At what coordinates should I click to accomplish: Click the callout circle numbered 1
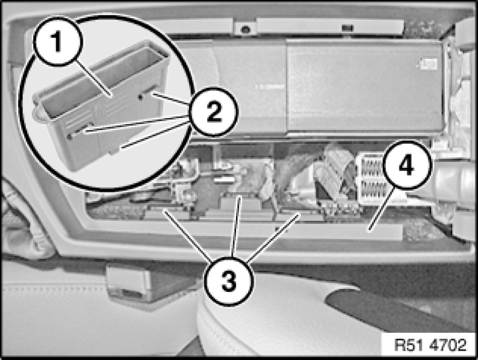point(58,42)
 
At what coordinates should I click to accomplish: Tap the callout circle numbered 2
point(214,111)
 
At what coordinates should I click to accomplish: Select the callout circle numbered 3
point(229,280)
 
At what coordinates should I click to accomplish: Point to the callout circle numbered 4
point(407,165)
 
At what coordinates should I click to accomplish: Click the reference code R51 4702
point(430,345)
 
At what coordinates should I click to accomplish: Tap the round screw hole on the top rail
point(245,29)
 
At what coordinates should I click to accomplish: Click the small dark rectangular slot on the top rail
point(347,28)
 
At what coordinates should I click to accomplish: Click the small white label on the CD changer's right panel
point(429,64)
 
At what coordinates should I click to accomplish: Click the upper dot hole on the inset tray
point(140,97)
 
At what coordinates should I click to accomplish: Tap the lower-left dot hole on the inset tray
point(70,137)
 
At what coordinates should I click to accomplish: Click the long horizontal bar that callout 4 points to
point(274,230)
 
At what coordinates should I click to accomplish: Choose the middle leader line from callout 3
point(236,227)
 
